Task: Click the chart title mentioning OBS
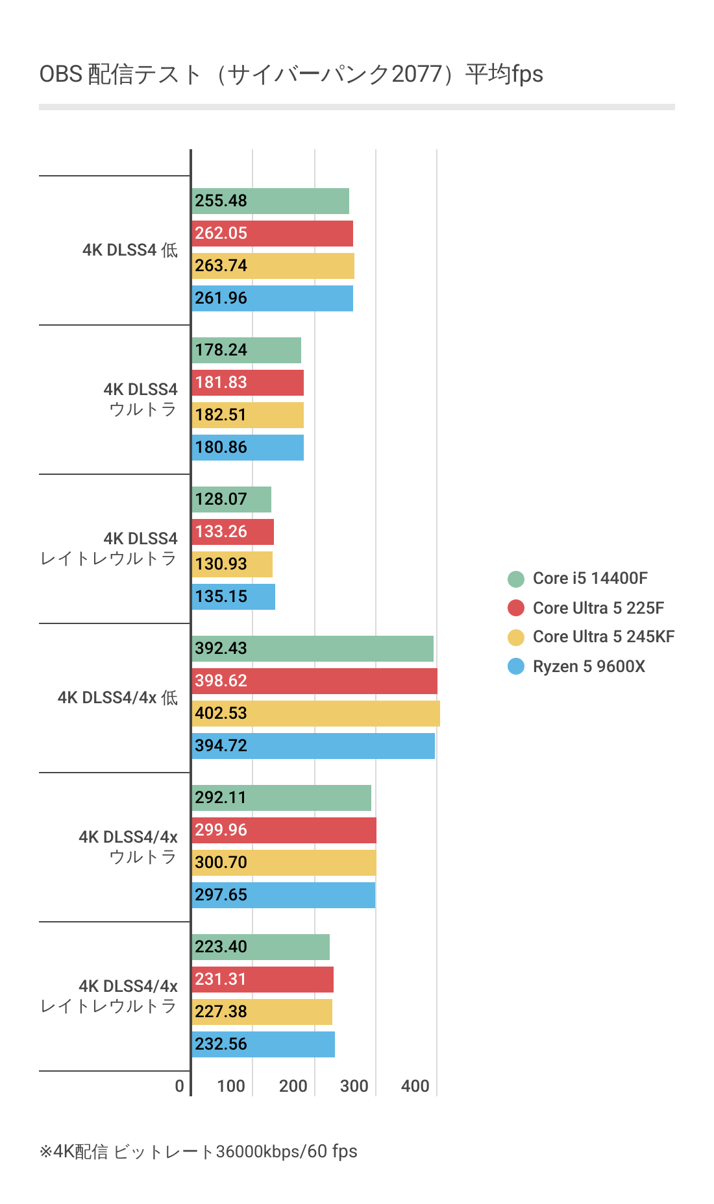[x=291, y=74]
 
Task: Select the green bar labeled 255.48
[x=270, y=201]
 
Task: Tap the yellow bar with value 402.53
[x=315, y=714]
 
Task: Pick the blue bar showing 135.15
[x=233, y=597]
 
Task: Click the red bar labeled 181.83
[x=247, y=383]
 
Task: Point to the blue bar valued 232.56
[x=263, y=1044]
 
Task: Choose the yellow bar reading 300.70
[x=284, y=863]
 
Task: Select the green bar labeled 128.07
[x=231, y=500]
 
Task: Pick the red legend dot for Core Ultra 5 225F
[x=516, y=608]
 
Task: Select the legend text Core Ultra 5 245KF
[x=604, y=636]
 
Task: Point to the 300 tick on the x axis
[x=354, y=1086]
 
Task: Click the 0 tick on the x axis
[x=180, y=1086]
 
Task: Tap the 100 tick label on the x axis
[x=230, y=1086]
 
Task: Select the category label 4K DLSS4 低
[x=130, y=250]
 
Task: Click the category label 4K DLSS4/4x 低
[x=117, y=697]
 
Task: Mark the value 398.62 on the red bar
[x=221, y=680]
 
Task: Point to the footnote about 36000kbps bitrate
[x=199, y=1151]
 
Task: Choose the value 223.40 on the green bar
[x=221, y=946]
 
